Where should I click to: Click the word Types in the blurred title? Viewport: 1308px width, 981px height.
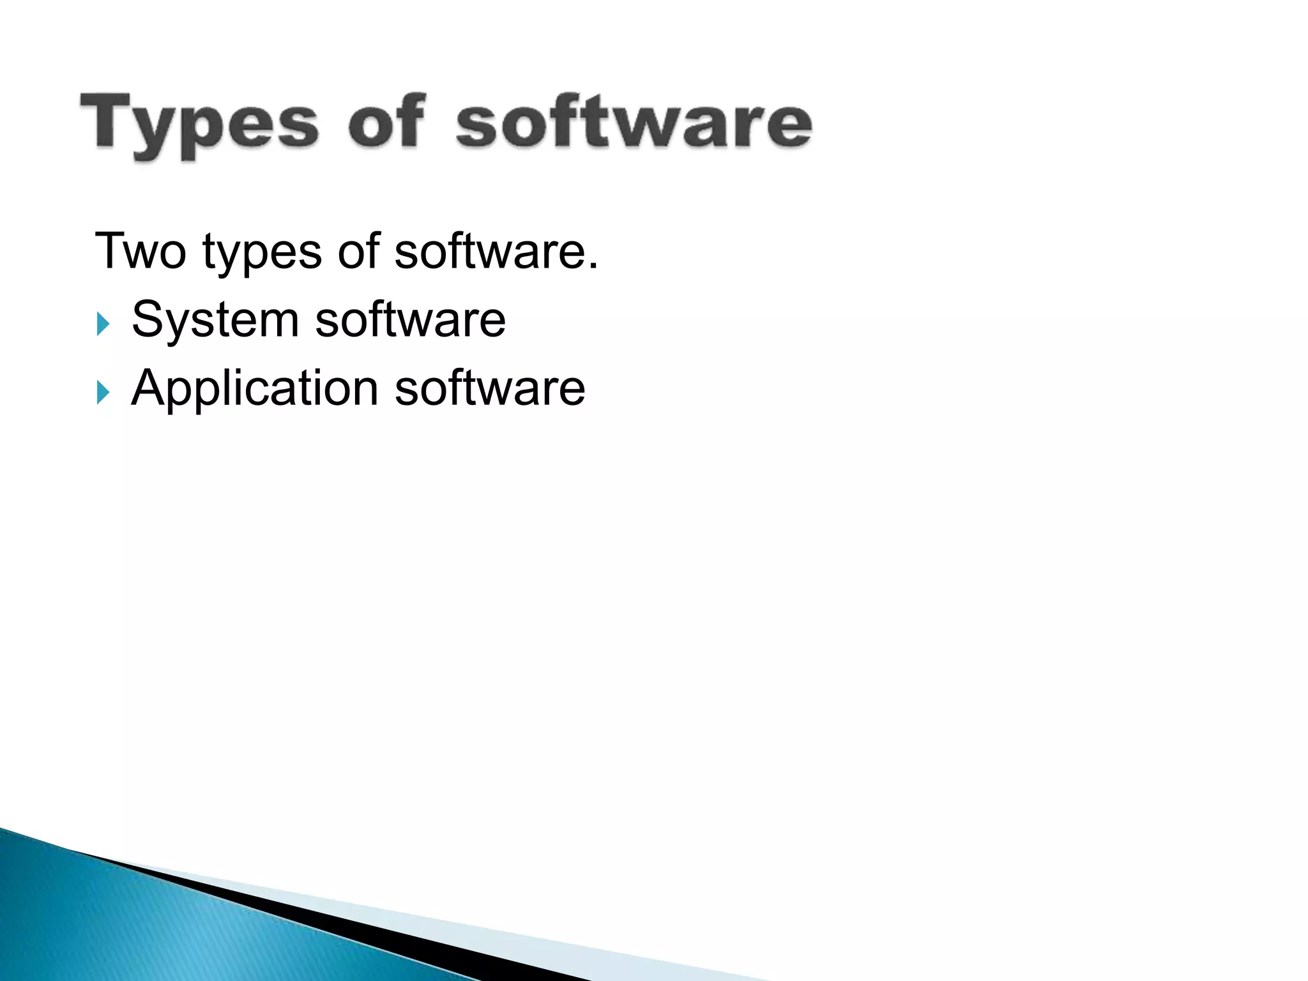[199, 124]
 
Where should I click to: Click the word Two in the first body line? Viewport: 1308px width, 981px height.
[141, 251]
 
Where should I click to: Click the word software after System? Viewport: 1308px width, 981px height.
[410, 319]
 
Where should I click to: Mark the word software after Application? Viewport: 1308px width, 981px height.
[490, 388]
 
